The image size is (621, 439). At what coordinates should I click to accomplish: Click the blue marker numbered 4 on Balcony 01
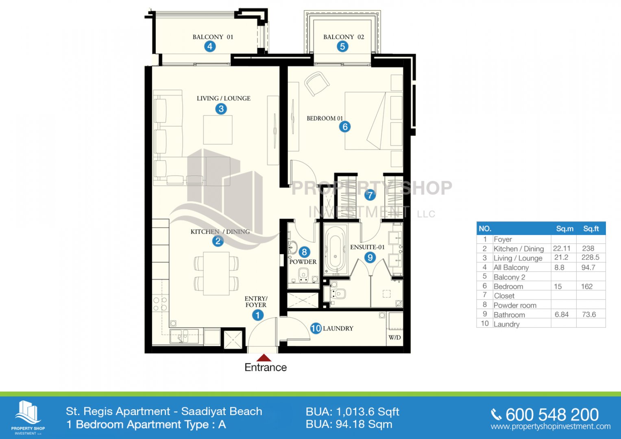[210, 46]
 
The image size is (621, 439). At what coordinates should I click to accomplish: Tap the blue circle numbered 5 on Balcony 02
[342, 46]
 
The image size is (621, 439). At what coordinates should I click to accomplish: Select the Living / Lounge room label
[223, 98]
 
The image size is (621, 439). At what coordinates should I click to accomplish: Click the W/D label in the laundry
[394, 337]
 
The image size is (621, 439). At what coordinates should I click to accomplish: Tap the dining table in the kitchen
[216, 274]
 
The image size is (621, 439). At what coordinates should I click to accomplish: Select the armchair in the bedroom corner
[317, 83]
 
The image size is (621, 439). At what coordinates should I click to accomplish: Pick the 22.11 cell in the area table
[561, 248]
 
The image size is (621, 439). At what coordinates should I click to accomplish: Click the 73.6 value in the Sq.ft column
[588, 314]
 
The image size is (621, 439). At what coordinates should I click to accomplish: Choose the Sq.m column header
[564, 228]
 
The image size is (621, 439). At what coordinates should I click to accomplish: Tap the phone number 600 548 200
[552, 415]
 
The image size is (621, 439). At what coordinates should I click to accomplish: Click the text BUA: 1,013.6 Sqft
[352, 412]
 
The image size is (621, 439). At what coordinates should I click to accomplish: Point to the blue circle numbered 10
[316, 328]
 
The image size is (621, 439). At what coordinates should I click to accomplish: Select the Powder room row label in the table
[515, 305]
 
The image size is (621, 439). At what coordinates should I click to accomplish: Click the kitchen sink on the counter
[184, 336]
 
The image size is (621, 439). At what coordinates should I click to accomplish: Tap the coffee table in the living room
[218, 130]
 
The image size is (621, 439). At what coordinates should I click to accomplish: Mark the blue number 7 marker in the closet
[370, 195]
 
